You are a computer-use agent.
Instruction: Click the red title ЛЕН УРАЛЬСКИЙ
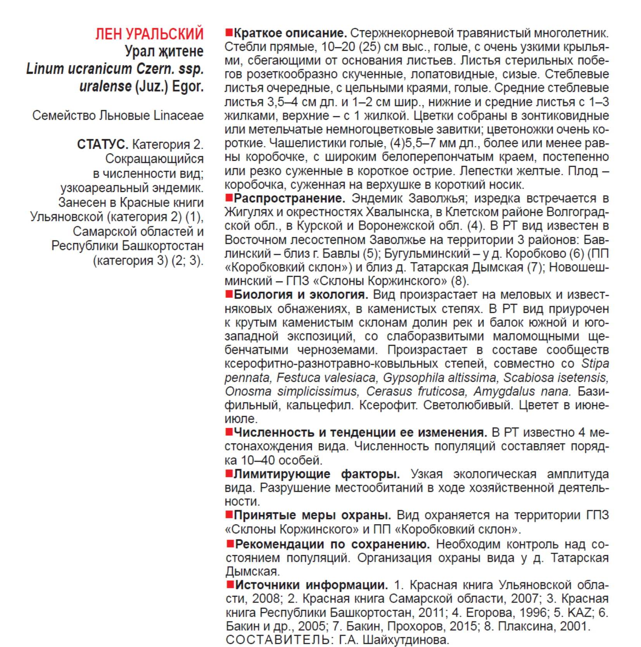point(149,34)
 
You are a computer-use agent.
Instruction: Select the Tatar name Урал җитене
point(164,51)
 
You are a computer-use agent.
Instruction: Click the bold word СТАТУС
point(102,145)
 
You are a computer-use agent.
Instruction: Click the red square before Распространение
point(229,198)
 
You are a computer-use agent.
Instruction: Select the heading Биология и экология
point(301,295)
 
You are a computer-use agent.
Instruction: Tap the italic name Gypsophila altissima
point(439,378)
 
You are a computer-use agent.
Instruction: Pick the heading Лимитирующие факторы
point(316,474)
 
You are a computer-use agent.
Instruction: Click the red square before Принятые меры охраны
point(229,515)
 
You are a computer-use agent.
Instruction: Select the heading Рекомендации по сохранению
point(332,544)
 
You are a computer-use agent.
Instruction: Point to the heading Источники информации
point(311,585)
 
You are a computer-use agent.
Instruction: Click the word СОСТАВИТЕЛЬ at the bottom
point(277,640)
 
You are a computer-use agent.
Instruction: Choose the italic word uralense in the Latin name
point(105,86)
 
